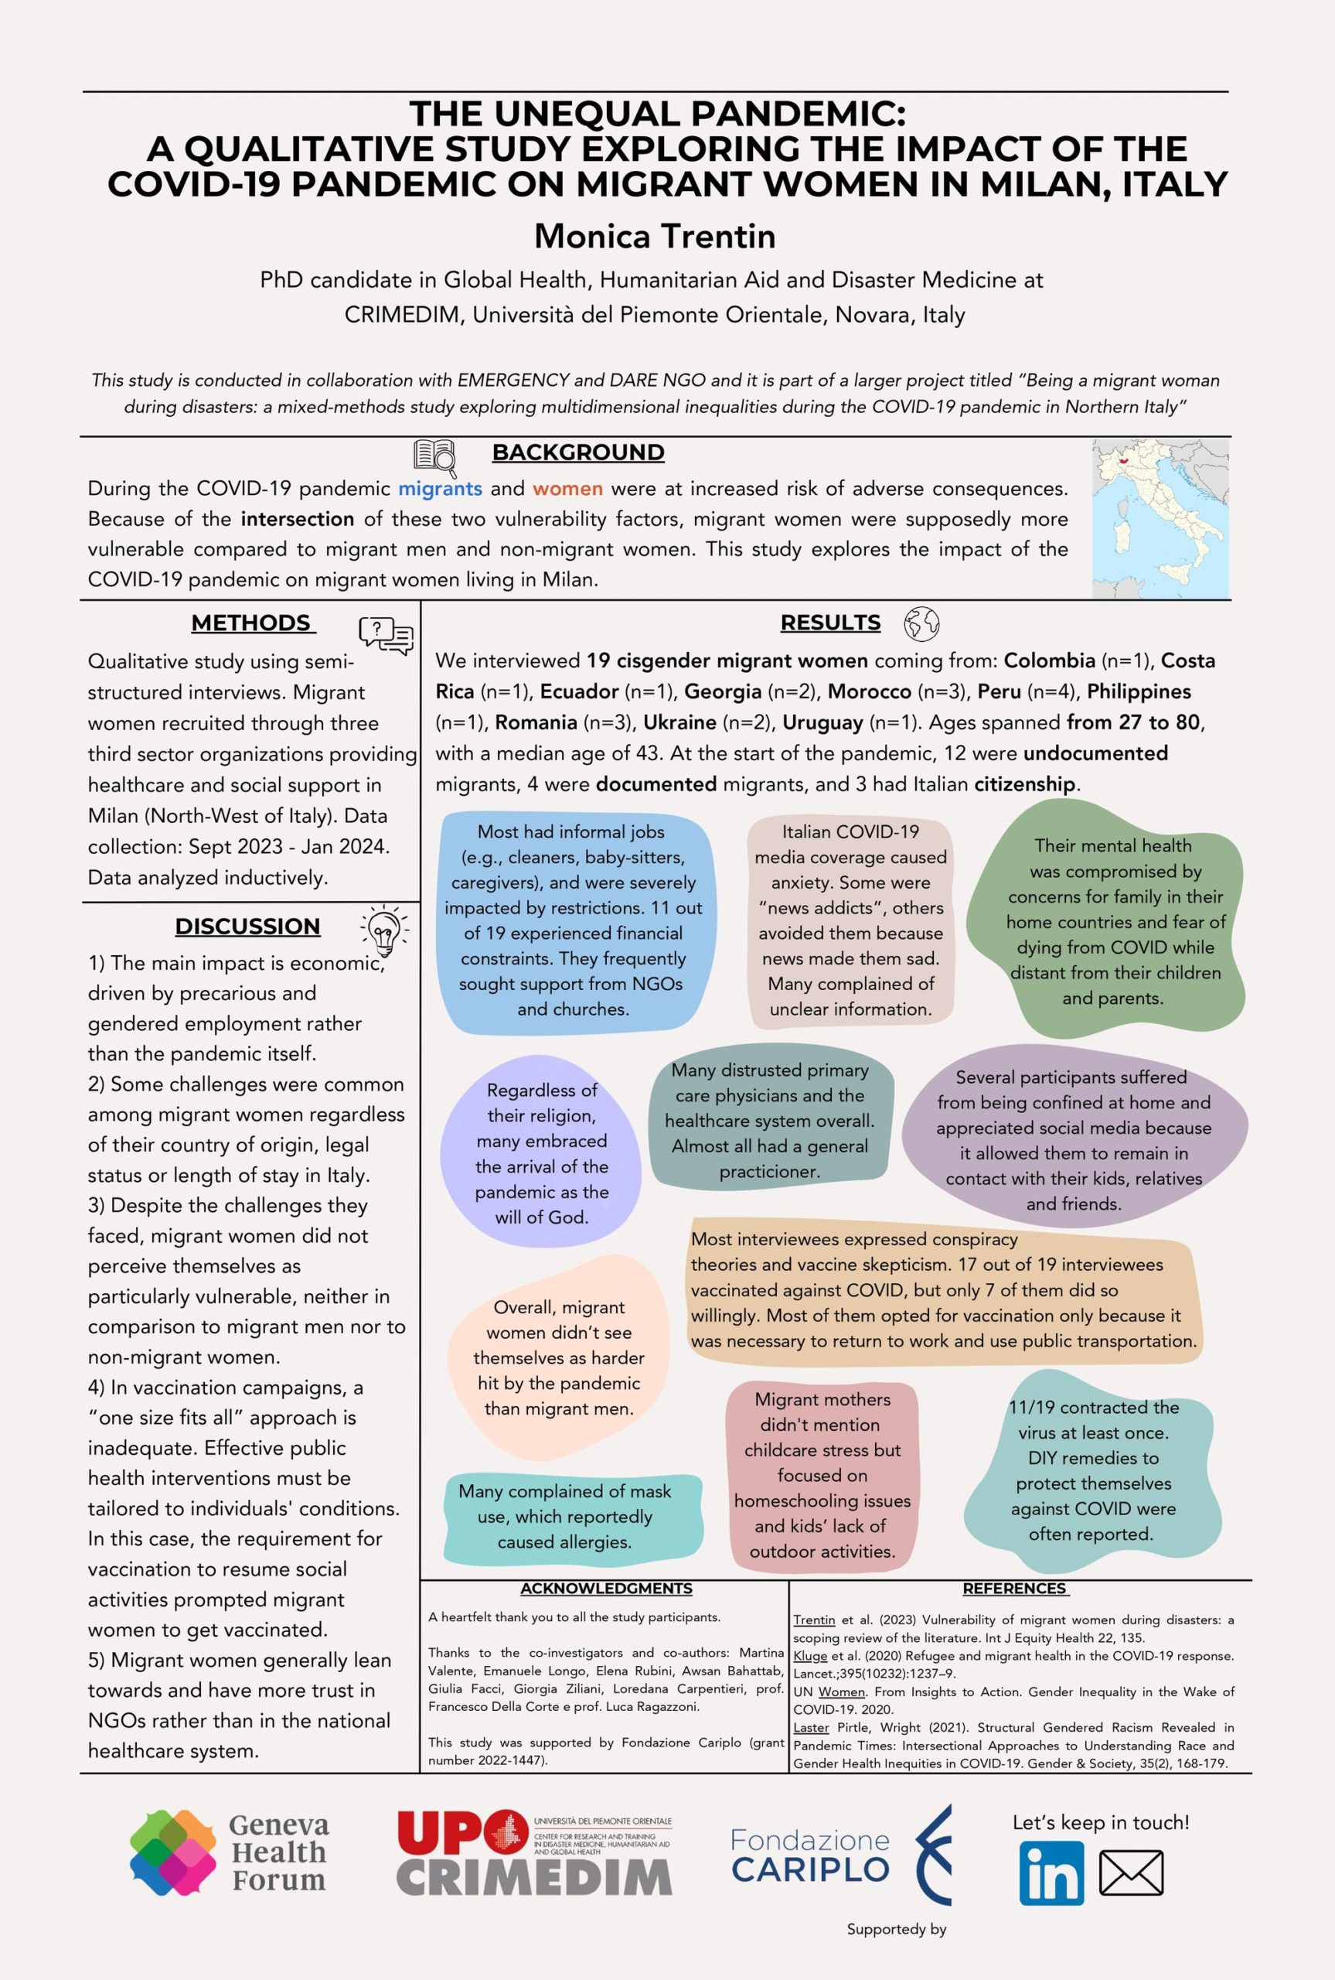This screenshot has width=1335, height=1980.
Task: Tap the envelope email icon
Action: pyautogui.click(x=1131, y=1872)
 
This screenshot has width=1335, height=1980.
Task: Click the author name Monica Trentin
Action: pyautogui.click(x=655, y=236)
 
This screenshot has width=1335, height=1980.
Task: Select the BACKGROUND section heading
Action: pyautogui.click(x=578, y=452)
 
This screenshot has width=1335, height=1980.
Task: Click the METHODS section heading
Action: pyautogui.click(x=253, y=623)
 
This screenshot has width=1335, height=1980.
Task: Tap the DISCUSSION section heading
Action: pyautogui.click(x=248, y=926)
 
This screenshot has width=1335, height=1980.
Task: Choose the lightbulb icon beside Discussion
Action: pyautogui.click(x=384, y=927)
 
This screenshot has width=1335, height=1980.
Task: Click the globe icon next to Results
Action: pyautogui.click(x=921, y=623)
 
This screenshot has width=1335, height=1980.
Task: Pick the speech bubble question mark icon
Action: pyautogui.click(x=386, y=634)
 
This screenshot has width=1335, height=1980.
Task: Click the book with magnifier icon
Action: pyautogui.click(x=435, y=456)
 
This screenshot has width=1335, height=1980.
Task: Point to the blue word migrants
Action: pyautogui.click(x=440, y=489)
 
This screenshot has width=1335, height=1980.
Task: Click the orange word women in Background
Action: pyautogui.click(x=568, y=489)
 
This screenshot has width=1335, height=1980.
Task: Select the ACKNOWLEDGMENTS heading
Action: pyautogui.click(x=606, y=1589)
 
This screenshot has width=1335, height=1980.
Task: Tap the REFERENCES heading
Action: pyautogui.click(x=1015, y=1589)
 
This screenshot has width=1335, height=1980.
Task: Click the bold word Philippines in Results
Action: pyautogui.click(x=1139, y=691)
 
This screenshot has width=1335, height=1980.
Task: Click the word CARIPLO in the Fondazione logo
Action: pyautogui.click(x=811, y=1869)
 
